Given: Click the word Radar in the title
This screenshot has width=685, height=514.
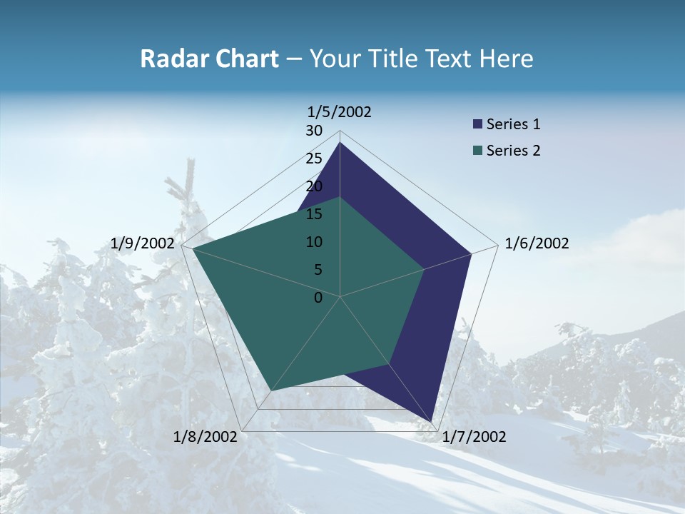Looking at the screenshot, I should (169, 59).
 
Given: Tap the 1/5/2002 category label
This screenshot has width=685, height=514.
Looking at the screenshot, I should (340, 112).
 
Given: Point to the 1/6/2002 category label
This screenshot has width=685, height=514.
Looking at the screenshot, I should (537, 243).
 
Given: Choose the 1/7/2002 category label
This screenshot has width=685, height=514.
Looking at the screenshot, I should (474, 437).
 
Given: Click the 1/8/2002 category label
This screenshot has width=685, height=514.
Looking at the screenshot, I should (205, 437).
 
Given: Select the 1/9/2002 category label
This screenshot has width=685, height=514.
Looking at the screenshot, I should (143, 243).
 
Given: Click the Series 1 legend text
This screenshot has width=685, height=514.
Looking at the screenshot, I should (513, 124).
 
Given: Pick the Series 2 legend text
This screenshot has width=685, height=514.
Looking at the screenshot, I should (513, 151).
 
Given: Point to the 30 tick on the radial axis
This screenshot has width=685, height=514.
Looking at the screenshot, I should (314, 131).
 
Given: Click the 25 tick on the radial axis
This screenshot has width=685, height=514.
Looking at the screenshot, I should (314, 158).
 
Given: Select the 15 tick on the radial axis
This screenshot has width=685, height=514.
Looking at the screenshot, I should (314, 214).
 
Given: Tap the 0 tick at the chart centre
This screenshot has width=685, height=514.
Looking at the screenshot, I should (318, 298).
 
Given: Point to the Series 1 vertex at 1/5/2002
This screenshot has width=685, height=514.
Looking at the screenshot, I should (340, 143).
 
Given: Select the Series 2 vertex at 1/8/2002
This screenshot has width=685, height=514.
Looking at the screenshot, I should (270, 390).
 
